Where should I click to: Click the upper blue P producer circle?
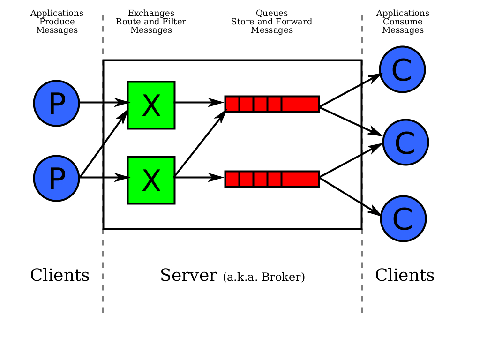tap(56, 104)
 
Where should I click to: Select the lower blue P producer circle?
tap(56, 179)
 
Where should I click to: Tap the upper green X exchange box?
tap(151, 105)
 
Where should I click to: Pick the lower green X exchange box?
tap(151, 180)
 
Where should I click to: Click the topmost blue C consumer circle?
tap(402, 69)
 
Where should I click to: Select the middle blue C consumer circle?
tap(405, 142)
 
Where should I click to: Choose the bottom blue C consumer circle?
tap(403, 218)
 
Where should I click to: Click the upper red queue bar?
tap(272, 104)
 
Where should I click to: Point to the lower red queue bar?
tap(272, 179)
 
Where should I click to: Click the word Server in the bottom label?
tap(189, 275)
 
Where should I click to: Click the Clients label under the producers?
tap(60, 275)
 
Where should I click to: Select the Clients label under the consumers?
tap(405, 275)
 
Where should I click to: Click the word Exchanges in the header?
tap(151, 13)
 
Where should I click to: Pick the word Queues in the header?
tap(272, 13)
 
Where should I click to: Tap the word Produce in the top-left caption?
tap(57, 22)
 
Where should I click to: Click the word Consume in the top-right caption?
tap(403, 22)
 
